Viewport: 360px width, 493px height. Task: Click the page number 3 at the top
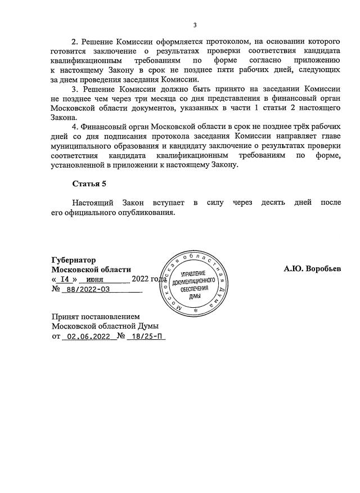[195, 25]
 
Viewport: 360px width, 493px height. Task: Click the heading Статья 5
[89, 183]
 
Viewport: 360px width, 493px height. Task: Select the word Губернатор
[73, 260]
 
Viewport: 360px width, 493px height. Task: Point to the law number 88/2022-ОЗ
[88, 289]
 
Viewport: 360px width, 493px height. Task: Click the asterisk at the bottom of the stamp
[195, 310]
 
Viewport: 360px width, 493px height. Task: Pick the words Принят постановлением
[94, 316]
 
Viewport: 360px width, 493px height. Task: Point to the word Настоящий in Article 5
[93, 202]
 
